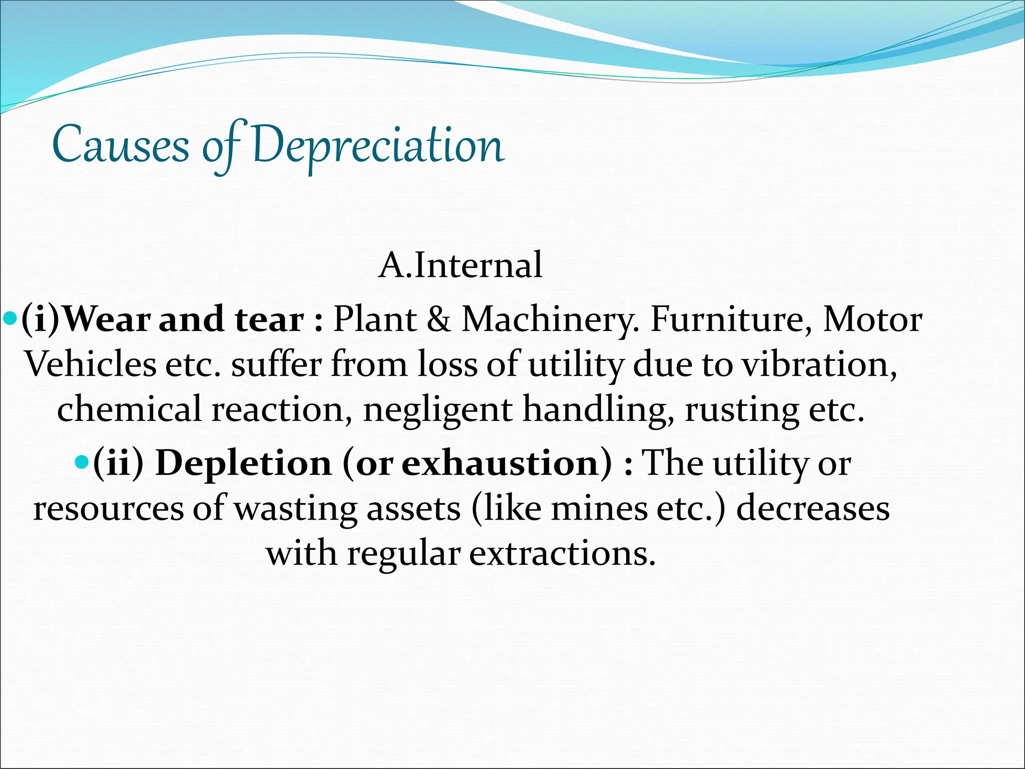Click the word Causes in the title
click(x=120, y=146)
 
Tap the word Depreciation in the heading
click(x=378, y=146)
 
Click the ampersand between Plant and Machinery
click(x=438, y=319)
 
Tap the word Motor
click(x=872, y=319)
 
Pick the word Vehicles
click(x=91, y=364)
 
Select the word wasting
click(x=295, y=508)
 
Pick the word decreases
click(x=813, y=508)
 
